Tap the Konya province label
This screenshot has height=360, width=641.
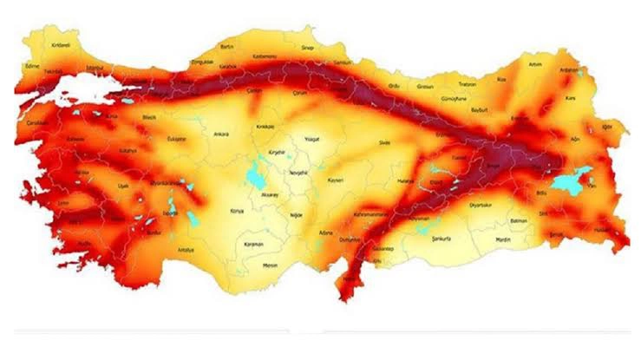(236, 211)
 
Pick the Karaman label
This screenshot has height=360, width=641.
(252, 245)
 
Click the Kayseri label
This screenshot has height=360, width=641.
(337, 180)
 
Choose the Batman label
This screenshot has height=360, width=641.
(520, 222)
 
